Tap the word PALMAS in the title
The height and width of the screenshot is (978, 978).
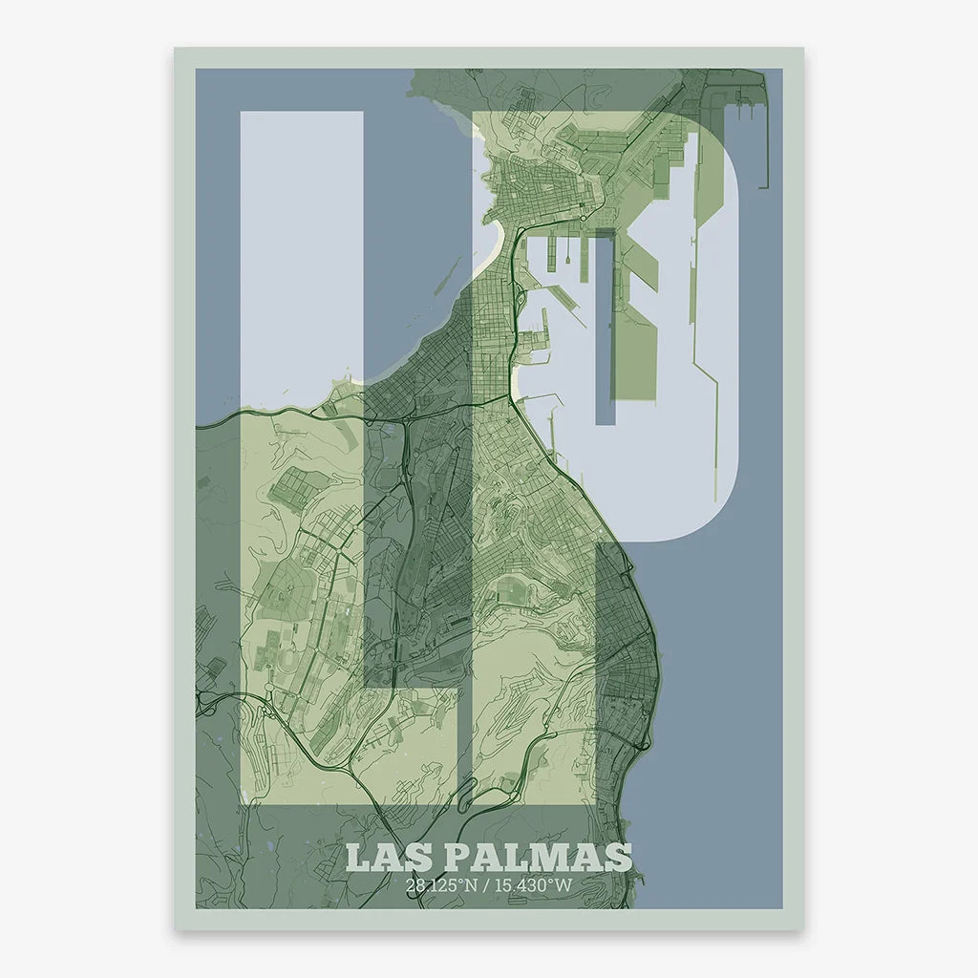(537, 857)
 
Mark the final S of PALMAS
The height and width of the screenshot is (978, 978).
(619, 857)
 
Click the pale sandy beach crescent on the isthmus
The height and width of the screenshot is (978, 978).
(491, 253)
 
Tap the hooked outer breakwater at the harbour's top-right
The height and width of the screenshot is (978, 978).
(758, 134)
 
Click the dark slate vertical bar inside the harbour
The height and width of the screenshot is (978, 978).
(605, 325)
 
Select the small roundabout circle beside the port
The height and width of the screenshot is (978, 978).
(584, 219)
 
